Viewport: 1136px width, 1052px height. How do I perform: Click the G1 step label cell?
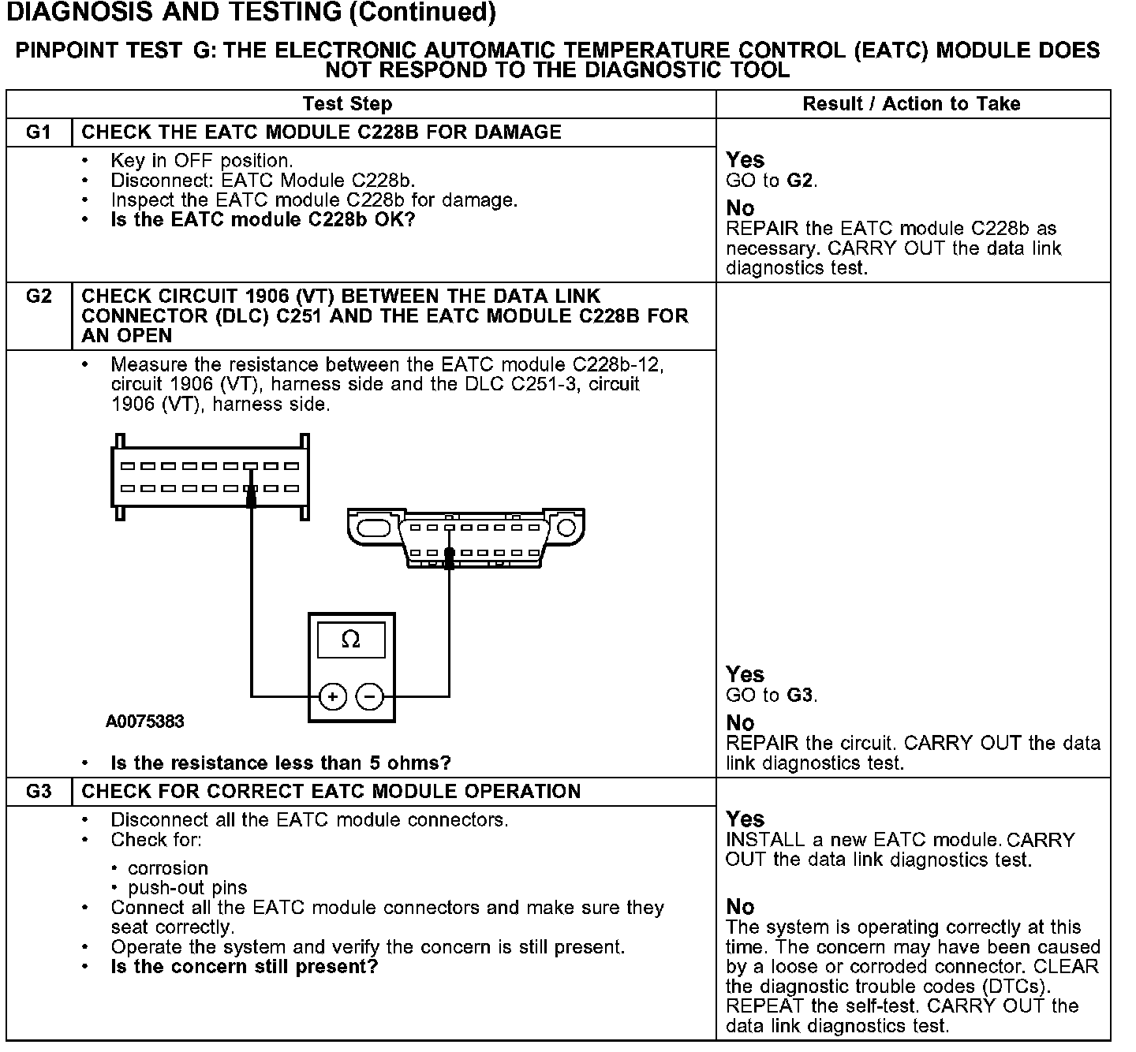[x=39, y=132]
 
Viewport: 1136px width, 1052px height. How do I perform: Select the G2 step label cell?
[x=39, y=297]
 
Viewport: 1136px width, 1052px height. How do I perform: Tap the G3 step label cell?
[x=39, y=792]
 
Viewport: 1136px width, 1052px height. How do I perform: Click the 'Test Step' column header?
[x=347, y=104]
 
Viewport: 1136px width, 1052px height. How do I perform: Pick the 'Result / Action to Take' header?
[x=911, y=104]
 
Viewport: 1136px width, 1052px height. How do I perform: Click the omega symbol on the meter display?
[x=351, y=640]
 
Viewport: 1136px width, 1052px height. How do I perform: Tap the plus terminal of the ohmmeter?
[x=333, y=697]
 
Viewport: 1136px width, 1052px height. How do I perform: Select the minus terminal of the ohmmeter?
[x=370, y=697]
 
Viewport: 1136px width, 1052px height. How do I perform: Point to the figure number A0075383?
[x=145, y=722]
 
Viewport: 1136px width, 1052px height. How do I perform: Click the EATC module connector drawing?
[x=209, y=477]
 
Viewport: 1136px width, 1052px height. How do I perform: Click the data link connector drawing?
[x=465, y=536]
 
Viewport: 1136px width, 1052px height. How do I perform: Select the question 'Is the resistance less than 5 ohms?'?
[x=281, y=763]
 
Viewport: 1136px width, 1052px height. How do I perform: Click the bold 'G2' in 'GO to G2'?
[x=801, y=181]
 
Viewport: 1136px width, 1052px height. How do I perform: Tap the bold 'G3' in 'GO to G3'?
[x=801, y=696]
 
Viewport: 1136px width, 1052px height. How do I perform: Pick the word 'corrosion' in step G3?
[x=168, y=868]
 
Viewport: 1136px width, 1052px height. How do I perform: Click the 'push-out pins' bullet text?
[x=188, y=888]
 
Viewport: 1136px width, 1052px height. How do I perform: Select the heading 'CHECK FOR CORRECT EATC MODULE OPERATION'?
[x=331, y=792]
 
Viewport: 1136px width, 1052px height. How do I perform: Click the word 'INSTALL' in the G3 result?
[x=761, y=840]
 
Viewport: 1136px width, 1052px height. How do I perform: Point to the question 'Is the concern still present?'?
[x=245, y=967]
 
